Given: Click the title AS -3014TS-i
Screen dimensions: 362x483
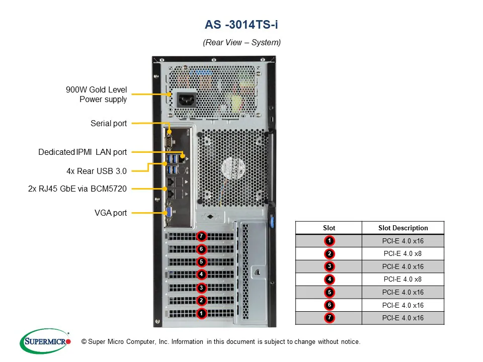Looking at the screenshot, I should (x=242, y=25).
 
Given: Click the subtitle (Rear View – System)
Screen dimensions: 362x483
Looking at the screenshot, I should (x=242, y=42).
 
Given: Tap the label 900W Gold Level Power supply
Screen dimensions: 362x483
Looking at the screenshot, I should (x=96, y=95).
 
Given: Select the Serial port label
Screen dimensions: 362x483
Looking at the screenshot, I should (x=109, y=123).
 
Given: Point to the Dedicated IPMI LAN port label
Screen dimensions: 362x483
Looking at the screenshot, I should (x=83, y=152).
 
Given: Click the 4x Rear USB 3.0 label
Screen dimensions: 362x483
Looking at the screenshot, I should (x=97, y=171).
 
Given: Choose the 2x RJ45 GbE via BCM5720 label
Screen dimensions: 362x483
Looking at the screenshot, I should (x=77, y=189).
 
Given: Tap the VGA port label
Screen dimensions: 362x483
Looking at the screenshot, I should (x=111, y=213).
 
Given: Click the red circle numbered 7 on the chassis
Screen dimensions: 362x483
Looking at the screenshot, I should (x=201, y=236).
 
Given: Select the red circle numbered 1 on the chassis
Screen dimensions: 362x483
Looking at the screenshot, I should (x=201, y=313).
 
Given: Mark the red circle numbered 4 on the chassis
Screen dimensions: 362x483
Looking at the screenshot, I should (x=201, y=275).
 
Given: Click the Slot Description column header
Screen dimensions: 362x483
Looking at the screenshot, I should (x=403, y=228).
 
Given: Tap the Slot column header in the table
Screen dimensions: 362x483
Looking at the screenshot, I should (x=329, y=228).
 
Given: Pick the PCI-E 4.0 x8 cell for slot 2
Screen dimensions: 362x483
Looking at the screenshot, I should (x=403, y=254).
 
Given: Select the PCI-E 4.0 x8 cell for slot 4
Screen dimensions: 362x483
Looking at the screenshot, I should (x=403, y=280).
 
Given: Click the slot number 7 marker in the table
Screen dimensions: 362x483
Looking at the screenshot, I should (x=329, y=318).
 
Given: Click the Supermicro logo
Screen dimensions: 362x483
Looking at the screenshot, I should (x=45, y=342).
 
